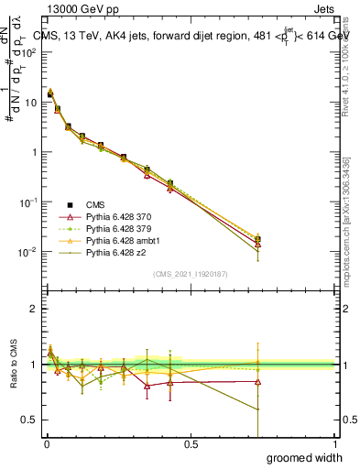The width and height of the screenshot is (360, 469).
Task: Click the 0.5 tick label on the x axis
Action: point(191,444)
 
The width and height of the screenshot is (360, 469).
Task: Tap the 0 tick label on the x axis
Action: point(47,444)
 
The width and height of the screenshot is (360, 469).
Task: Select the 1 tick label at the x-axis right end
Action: point(334,444)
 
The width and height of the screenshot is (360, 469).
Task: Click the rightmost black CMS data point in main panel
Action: point(257,240)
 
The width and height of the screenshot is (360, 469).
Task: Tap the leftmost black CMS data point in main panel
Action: point(50,93)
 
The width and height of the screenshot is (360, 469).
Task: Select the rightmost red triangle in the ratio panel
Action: point(257,381)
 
